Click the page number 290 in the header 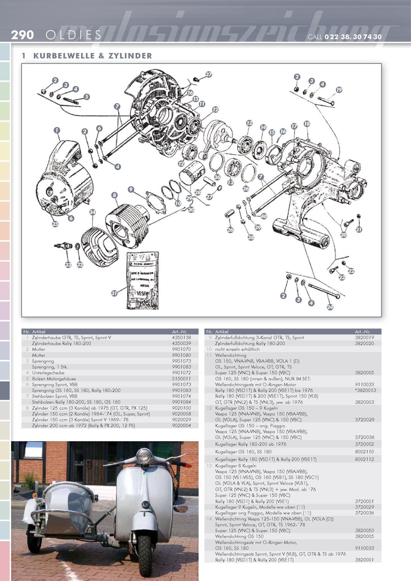point(22,35)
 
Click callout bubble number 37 point(209,74)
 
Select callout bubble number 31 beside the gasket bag point(114,293)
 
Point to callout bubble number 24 point(330,307)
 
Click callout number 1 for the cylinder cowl point(57,130)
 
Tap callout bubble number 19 point(339,90)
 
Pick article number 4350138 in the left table point(181,338)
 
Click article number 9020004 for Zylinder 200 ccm point(181,425)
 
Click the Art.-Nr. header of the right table point(363,332)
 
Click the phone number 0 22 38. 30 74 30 point(353,37)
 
